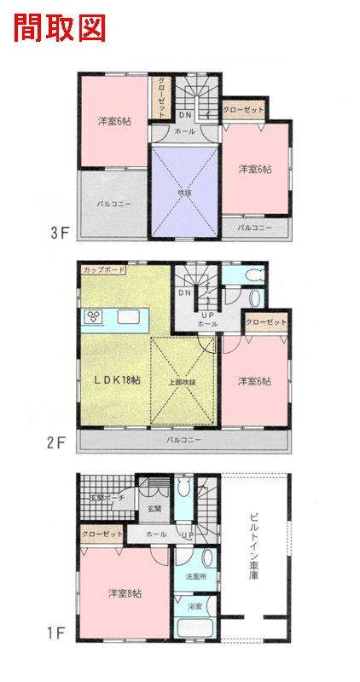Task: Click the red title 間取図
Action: click(60, 28)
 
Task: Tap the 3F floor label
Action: click(60, 233)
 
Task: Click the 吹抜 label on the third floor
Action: click(184, 192)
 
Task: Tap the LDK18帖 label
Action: click(118, 379)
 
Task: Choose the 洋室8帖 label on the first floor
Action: click(125, 593)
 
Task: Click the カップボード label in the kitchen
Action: click(103, 269)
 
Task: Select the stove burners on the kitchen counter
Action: click(93, 316)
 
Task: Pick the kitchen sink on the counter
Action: click(129, 317)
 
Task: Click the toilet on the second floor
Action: click(253, 275)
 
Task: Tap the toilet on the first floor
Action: click(184, 486)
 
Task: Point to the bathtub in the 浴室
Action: click(195, 628)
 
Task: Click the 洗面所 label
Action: click(196, 577)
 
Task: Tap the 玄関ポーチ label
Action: click(107, 498)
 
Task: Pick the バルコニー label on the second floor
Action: click(184, 440)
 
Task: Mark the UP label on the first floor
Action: click(188, 535)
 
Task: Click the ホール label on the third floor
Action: click(184, 131)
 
